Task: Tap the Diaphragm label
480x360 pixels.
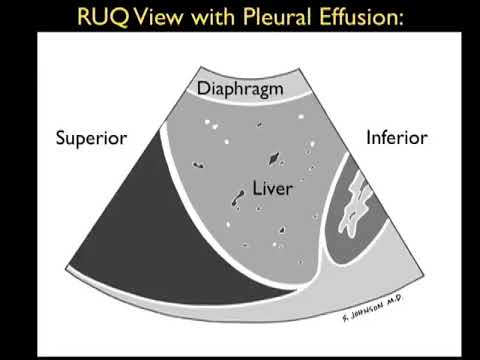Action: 240,88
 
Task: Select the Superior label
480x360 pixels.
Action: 91,138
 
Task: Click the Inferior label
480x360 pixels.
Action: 396,138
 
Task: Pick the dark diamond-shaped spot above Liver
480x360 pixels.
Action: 273,158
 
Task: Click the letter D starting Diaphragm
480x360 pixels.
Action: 204,88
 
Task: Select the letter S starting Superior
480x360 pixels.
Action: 62,138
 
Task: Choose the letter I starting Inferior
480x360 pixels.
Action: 369,138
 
